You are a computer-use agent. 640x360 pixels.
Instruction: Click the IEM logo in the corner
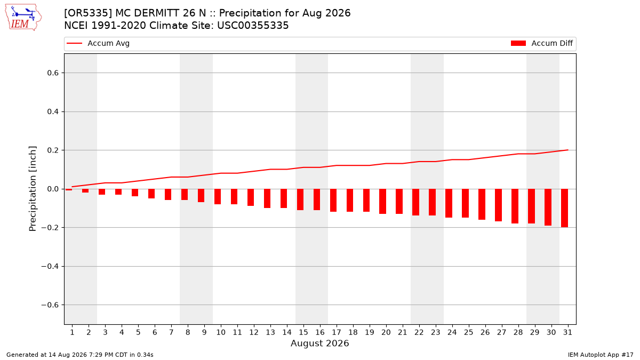[23, 18]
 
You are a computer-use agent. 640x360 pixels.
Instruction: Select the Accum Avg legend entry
[98, 43]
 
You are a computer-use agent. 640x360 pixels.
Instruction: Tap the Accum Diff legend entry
[542, 43]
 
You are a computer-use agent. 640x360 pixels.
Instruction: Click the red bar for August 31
[564, 208]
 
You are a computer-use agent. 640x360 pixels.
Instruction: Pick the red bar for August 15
[300, 199]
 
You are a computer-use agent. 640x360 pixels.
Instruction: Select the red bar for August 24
[449, 203]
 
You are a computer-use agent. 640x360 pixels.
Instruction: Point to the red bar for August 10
[218, 197]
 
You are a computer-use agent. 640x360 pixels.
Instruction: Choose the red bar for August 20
[382, 202]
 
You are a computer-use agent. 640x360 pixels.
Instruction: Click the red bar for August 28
[515, 206]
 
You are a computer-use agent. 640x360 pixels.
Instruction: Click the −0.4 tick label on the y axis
[50, 266]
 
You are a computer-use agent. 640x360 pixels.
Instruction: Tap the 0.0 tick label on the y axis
[53, 189]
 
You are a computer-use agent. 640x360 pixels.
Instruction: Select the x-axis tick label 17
[337, 332]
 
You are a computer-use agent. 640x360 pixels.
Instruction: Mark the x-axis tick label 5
[138, 332]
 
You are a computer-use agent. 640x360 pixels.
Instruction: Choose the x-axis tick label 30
[551, 332]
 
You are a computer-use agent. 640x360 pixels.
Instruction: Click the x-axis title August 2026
[319, 343]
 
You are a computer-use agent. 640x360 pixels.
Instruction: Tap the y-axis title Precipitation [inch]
[33, 189]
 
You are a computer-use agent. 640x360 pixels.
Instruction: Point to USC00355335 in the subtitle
[253, 26]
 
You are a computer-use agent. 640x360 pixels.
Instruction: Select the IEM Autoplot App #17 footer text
[601, 355]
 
